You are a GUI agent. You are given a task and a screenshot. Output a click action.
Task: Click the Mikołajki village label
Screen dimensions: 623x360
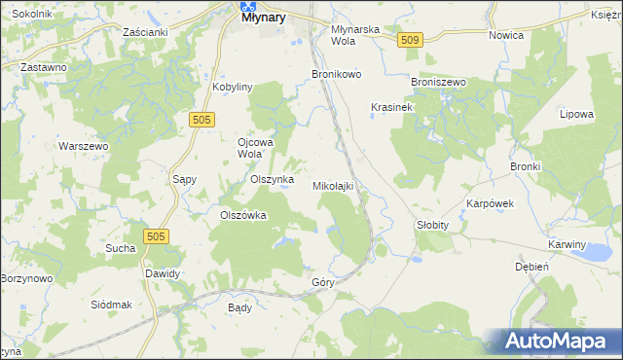click(338, 185)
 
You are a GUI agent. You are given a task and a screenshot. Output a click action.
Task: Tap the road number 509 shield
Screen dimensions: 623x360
click(410, 39)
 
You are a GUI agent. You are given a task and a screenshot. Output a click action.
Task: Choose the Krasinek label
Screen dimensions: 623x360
click(392, 107)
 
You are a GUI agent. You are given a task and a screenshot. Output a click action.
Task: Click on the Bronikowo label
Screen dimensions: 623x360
click(337, 74)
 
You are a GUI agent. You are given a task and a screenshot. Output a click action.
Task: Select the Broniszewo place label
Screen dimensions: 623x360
click(439, 83)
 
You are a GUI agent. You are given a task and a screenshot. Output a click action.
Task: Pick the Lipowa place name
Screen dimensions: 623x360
click(576, 114)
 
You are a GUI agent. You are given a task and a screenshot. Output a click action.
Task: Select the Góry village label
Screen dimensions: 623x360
click(323, 282)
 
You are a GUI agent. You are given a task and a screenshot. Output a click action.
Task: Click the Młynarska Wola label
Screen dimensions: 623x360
click(354, 35)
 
